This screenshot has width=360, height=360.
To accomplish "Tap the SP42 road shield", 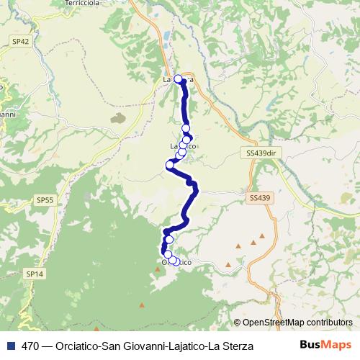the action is pyautogui.click(x=21, y=42).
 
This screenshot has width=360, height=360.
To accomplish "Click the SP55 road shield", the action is pyautogui.click(x=45, y=199).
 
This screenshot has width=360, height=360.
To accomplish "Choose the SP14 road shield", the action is pyautogui.click(x=35, y=274).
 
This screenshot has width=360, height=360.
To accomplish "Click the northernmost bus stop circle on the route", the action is pyautogui.click(x=178, y=79).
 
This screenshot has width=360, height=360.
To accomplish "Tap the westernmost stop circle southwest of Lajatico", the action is pyautogui.click(x=170, y=165).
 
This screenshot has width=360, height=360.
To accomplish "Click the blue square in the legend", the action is pyautogui.click(x=9, y=346).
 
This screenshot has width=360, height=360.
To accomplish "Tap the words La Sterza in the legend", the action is pyautogui.click(x=233, y=346).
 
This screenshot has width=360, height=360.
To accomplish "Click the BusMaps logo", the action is pyautogui.click(x=328, y=346).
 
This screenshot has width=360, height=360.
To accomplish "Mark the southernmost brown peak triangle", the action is pyautogui.click(x=143, y=305).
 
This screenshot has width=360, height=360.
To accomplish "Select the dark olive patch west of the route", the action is pyautogui.click(x=117, y=117).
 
